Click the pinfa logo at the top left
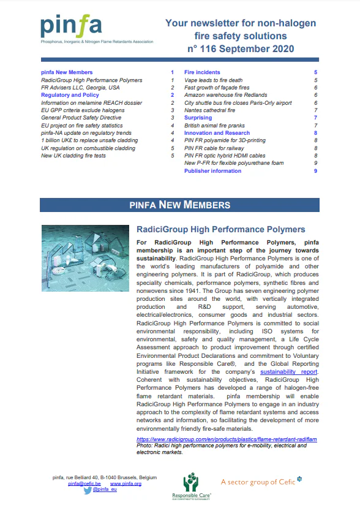point(71,25)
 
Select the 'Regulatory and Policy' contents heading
point(70,95)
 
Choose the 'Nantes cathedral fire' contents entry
point(209,110)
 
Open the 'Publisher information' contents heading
point(212,171)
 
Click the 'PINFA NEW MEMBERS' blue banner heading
point(180,205)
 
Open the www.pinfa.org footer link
point(126,483)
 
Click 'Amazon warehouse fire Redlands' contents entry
point(225,95)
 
